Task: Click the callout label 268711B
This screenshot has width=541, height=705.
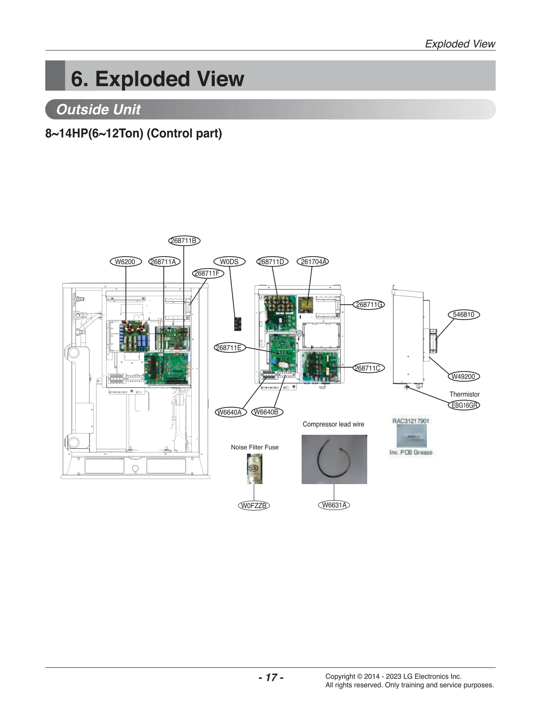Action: [184, 241]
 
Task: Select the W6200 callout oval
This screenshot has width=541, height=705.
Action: [125, 261]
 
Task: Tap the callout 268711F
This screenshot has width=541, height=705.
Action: [208, 273]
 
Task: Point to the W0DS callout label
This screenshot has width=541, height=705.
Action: [229, 261]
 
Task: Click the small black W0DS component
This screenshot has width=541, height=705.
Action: [238, 324]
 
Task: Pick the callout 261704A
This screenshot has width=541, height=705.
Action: [313, 261]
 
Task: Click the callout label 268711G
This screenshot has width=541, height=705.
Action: [369, 304]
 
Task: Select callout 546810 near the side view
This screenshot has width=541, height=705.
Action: [464, 314]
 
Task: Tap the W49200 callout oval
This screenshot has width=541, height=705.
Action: [464, 376]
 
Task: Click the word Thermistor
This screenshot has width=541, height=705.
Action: [464, 394]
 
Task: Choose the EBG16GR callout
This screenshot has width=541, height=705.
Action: [464, 405]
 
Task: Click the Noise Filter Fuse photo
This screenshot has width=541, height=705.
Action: [255, 469]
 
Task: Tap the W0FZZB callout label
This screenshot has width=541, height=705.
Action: [254, 505]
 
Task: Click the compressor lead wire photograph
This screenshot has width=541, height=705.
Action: [334, 459]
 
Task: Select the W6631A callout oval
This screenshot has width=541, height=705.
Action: [334, 505]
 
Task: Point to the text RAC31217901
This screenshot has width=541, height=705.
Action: [410, 421]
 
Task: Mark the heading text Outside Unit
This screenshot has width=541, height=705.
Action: [98, 109]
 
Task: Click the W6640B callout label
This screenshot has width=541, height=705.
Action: [267, 412]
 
